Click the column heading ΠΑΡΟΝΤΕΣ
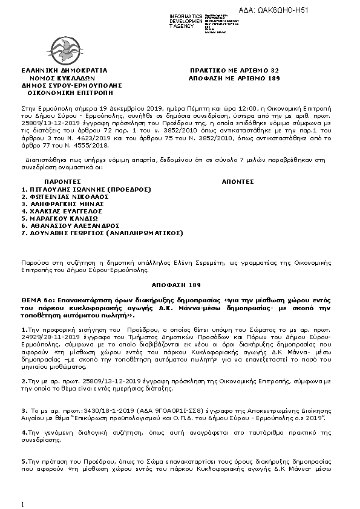pyautogui.click(x=64, y=181)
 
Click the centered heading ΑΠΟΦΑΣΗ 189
pyautogui.click(x=179, y=284)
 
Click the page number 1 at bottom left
pyautogui.click(x=22, y=504)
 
